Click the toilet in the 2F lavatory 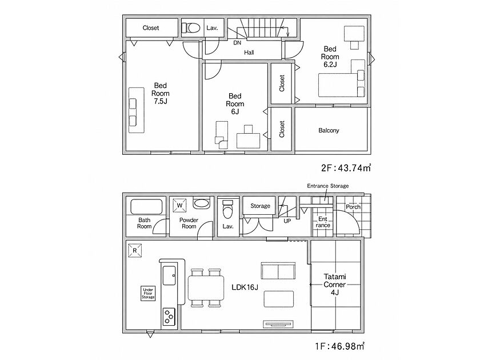tap(190, 28)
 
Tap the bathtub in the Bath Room tap(146, 207)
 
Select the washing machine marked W tap(179, 205)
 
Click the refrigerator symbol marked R tap(135, 250)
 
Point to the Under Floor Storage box tap(148, 293)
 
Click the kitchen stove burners tap(169, 317)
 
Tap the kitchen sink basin tap(169, 275)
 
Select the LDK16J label tap(245, 287)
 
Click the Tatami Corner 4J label tap(335, 285)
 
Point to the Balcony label tap(329, 130)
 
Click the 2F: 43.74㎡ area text tap(346, 168)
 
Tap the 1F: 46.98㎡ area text tap(340, 346)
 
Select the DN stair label tap(237, 43)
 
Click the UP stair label tap(287, 221)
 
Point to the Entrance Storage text tap(328, 186)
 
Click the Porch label tap(353, 207)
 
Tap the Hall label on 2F tap(249, 53)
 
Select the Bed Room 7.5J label tap(161, 93)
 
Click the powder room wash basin tap(201, 203)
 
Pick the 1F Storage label tap(260, 206)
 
